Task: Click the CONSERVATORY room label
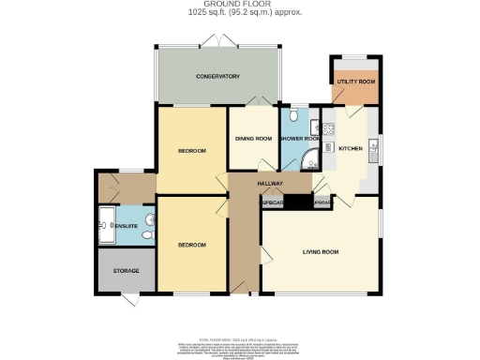tap(218, 76)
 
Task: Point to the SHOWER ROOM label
tap(301, 139)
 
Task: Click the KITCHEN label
tap(350, 149)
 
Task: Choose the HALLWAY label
tap(272, 185)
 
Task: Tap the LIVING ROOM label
tap(320, 251)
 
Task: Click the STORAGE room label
tap(127, 271)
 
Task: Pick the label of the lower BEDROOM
tap(192, 245)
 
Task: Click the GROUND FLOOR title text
tap(239, 6)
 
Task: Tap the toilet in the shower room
tap(293, 116)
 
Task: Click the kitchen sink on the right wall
tap(373, 146)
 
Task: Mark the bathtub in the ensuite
tap(105, 225)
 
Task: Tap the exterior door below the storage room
tap(128, 297)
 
